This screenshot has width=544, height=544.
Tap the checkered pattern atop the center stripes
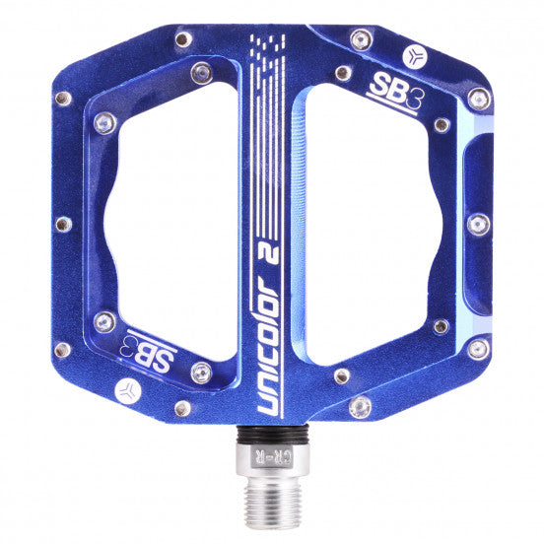coord(267,45)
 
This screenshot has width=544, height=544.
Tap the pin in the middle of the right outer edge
coord(478,224)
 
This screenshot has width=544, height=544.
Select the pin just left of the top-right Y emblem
coord(361,39)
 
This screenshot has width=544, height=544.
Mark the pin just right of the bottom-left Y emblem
coord(182,407)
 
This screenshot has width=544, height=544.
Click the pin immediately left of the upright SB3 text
coord(342,72)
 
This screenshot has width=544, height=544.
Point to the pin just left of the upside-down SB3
coord(104,322)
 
